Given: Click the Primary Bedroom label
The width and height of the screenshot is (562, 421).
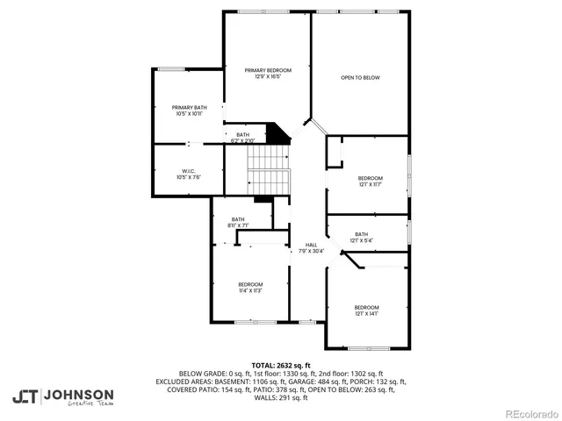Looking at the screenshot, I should point(268,69).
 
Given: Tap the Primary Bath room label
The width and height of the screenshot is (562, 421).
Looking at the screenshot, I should point(189,107).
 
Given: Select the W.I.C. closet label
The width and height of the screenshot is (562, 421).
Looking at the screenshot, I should point(189,171).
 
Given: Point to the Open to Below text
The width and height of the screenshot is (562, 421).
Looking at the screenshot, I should point(360,78).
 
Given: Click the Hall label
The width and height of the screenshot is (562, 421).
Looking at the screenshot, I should point(311,245).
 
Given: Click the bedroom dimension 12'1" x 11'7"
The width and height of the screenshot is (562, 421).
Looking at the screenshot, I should point(370,184).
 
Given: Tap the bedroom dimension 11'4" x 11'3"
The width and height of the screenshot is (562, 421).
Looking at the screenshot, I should point(250,290).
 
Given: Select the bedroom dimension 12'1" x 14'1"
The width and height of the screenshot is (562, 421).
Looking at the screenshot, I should point(366,313).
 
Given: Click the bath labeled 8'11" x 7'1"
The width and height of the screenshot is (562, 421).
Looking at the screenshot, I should point(238,225).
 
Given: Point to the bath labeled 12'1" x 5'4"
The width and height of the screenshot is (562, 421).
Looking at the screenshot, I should point(361,240).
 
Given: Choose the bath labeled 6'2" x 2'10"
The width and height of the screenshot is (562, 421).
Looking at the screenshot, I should point(242,140).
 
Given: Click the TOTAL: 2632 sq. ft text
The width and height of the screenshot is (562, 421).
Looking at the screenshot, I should point(281,365).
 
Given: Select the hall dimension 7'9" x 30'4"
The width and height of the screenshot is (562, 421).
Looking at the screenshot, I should point(311,252).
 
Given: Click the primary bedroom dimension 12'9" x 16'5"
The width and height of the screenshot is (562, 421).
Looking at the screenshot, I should point(268,76).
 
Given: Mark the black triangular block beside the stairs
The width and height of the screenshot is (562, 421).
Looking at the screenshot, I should point(279,134).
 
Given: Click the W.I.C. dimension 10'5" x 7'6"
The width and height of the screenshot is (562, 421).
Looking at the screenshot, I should point(189,177).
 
